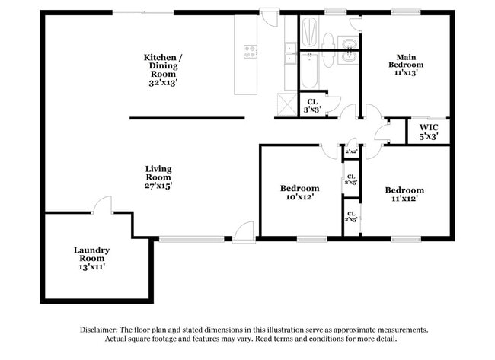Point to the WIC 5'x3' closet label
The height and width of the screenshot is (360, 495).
[428, 132]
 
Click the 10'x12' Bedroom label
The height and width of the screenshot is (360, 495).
[299, 192]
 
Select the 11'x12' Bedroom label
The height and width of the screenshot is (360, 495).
[404, 194]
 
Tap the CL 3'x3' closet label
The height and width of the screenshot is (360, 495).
[312, 106]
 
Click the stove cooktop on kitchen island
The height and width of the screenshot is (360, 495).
[251, 51]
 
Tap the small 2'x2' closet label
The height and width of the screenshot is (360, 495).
[351, 151]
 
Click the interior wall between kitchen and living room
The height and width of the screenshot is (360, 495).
[187, 118]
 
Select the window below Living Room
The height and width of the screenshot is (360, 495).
[180, 239]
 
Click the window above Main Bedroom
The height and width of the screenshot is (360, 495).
[405, 12]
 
